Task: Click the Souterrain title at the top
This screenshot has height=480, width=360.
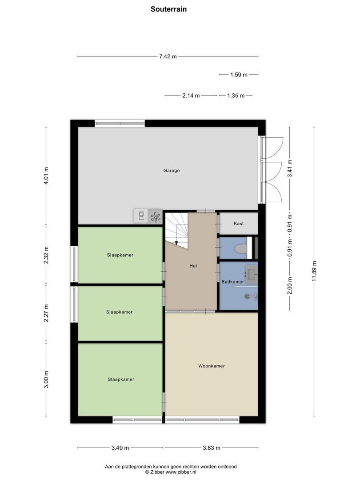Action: [x=168, y=8]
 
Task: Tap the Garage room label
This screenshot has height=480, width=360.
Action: [x=171, y=170]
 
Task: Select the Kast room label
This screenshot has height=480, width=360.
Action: [x=239, y=224]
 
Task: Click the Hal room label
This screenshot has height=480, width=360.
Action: [x=192, y=266]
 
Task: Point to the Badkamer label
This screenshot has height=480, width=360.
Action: [x=232, y=282]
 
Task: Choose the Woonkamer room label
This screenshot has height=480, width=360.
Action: [x=211, y=366]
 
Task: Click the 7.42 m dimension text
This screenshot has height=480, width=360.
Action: [x=168, y=56]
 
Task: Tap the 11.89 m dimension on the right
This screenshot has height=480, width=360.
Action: [x=314, y=271]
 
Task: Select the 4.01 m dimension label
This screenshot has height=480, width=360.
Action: [x=46, y=176]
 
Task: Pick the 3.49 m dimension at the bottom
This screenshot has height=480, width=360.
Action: [x=120, y=448]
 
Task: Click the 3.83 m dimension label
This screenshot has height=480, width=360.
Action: [x=211, y=448]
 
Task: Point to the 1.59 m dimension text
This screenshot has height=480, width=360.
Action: [x=239, y=75]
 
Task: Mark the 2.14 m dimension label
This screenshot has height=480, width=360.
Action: [x=191, y=96]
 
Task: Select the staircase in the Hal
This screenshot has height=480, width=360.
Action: [x=177, y=229]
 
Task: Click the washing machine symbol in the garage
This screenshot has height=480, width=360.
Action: [x=141, y=216]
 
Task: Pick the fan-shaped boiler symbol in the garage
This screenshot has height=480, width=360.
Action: [x=155, y=216]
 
